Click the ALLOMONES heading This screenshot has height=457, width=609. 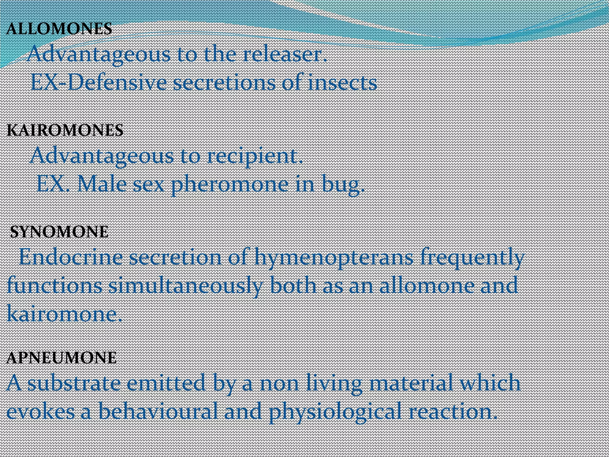(x=59, y=29)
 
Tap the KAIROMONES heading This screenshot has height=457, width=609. (x=65, y=130)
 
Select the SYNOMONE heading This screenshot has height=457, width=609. (x=59, y=232)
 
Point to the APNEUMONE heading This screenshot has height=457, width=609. (x=61, y=358)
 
